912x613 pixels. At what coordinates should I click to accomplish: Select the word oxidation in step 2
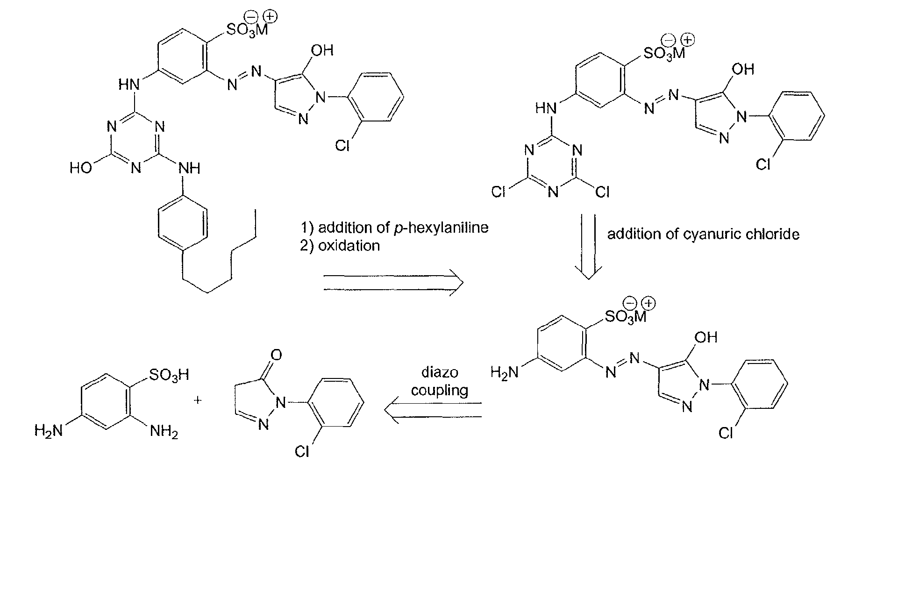tap(349, 246)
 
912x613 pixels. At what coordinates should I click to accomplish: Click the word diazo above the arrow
tap(440, 372)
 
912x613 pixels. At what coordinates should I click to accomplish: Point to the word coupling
tap(440, 390)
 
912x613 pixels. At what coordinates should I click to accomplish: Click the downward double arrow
tap(588, 247)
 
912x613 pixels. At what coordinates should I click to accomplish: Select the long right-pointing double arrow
tap(393, 283)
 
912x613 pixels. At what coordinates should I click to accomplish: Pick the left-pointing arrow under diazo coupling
tap(433, 410)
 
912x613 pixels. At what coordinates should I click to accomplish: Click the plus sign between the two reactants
tap(198, 400)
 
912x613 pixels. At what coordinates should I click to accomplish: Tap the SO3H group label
tap(168, 375)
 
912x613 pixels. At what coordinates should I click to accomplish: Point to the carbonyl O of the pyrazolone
tap(276, 356)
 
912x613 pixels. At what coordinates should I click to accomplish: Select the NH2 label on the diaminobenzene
tap(164, 432)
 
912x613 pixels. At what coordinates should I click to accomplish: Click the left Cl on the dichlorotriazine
tap(499, 192)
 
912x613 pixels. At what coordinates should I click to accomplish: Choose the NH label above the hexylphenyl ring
tap(190, 168)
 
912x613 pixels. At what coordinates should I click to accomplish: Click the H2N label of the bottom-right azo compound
tap(505, 372)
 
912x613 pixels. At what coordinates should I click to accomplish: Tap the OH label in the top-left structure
tap(322, 50)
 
